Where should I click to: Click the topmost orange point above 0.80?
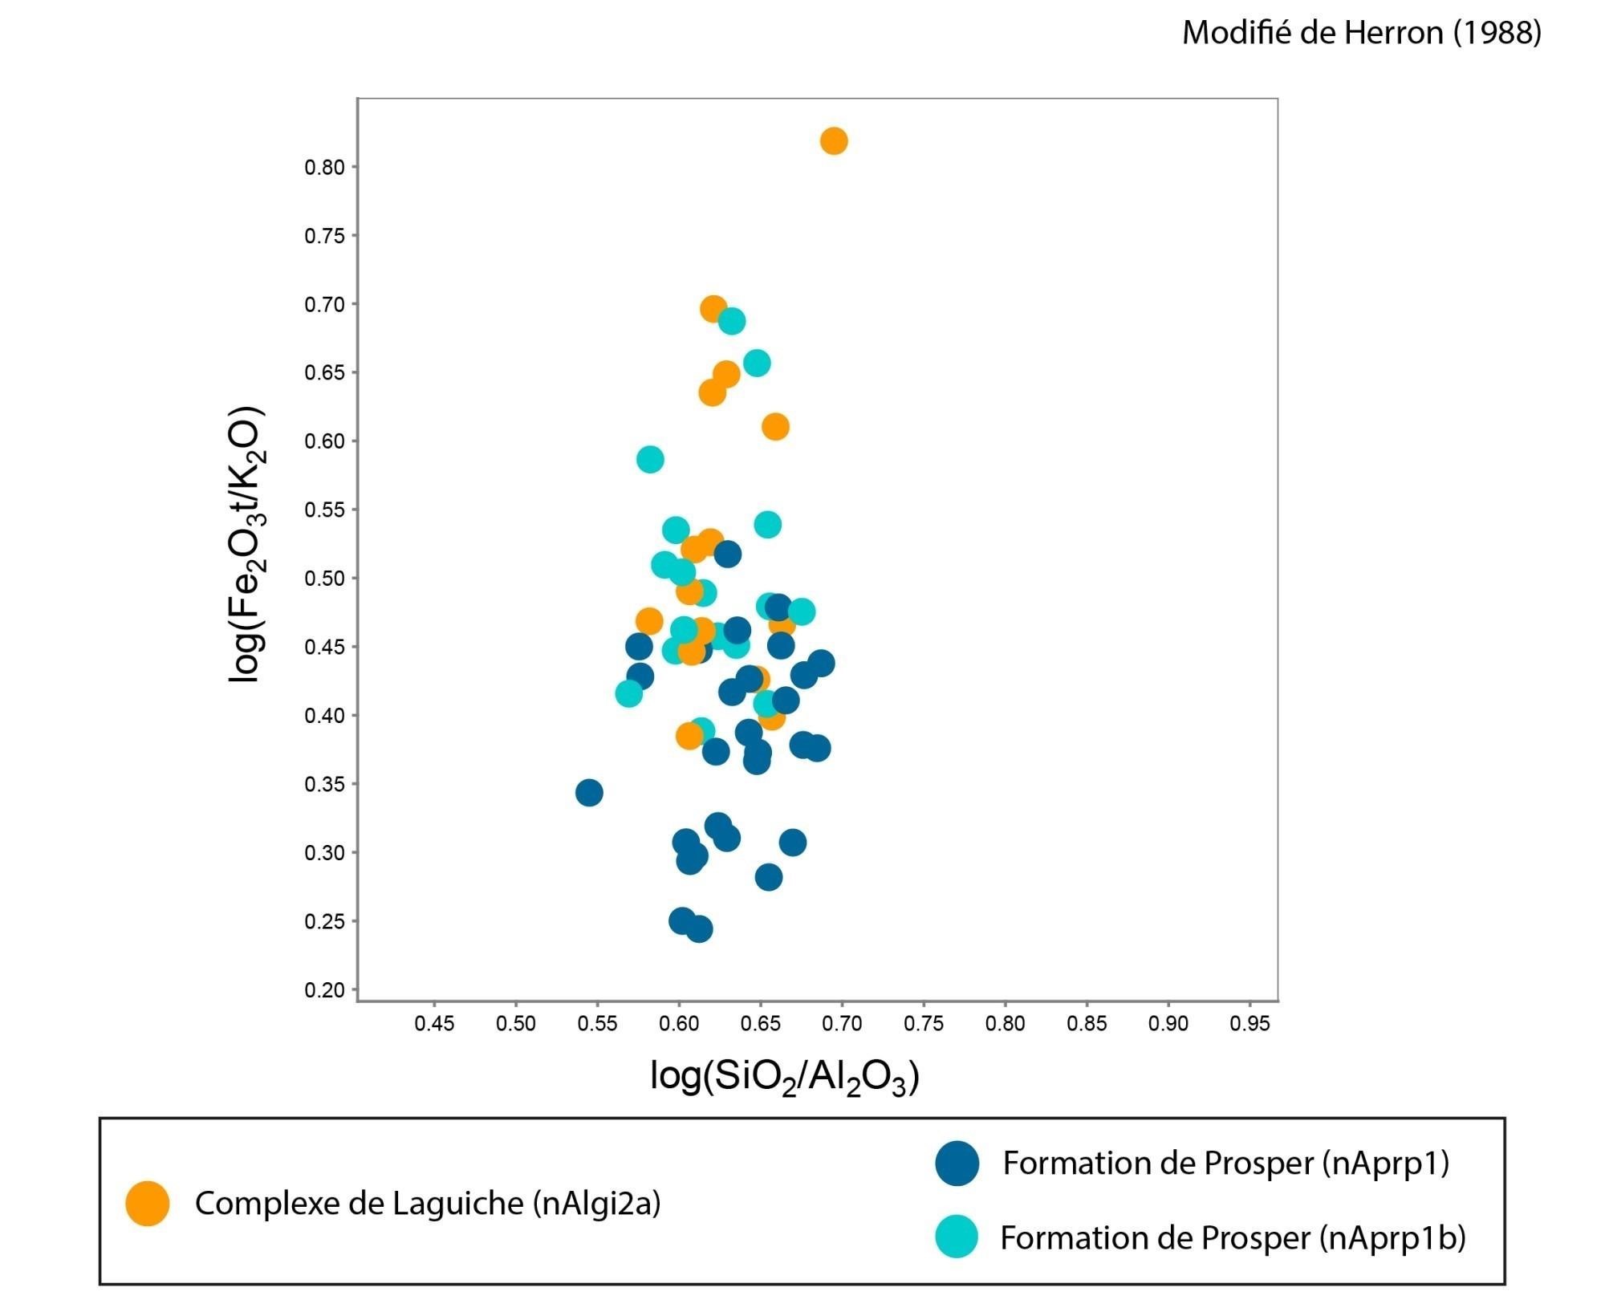click(x=834, y=141)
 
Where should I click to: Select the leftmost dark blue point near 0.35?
click(x=589, y=793)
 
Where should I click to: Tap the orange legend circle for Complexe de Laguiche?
click(x=148, y=1204)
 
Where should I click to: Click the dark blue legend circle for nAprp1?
click(x=957, y=1163)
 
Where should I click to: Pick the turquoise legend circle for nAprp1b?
click(x=957, y=1237)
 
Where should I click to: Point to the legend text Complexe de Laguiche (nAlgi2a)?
click(x=428, y=1204)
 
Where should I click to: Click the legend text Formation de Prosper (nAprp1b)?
click(x=1233, y=1238)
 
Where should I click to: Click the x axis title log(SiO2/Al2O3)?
click(x=784, y=1077)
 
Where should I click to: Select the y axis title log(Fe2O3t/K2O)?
click(x=247, y=546)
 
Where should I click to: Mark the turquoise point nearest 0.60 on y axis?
click(x=650, y=460)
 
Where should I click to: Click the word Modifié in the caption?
click(x=1233, y=33)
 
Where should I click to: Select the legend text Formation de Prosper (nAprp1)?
click(x=1225, y=1164)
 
